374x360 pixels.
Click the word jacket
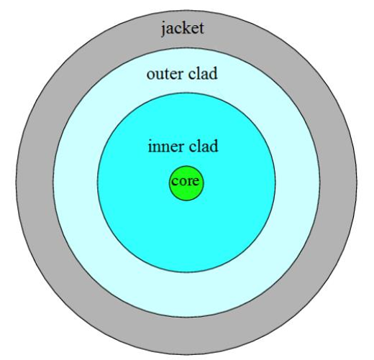(x=183, y=29)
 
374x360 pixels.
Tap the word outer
(x=165, y=74)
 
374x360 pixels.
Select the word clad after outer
(x=203, y=73)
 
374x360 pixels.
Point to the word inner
(x=166, y=147)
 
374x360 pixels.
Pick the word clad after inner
(x=204, y=146)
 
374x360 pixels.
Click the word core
(x=186, y=181)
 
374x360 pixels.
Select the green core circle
(x=186, y=183)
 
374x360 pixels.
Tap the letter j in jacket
(x=164, y=29)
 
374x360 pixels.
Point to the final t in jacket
(x=201, y=29)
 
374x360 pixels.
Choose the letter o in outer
(x=151, y=75)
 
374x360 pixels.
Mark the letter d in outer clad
(x=214, y=73)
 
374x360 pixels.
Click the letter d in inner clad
(x=214, y=146)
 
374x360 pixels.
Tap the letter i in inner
(x=150, y=147)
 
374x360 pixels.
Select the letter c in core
(x=175, y=182)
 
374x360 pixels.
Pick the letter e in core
(x=196, y=182)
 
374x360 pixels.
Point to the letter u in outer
(x=160, y=75)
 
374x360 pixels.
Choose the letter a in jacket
(x=171, y=29)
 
